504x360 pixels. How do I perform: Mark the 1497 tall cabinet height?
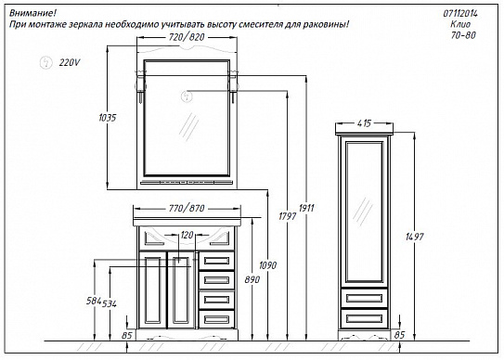[414, 236]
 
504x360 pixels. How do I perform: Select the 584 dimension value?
[92, 302]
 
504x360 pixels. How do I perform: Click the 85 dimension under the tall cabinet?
[399, 334]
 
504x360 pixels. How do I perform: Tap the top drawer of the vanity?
[216, 263]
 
